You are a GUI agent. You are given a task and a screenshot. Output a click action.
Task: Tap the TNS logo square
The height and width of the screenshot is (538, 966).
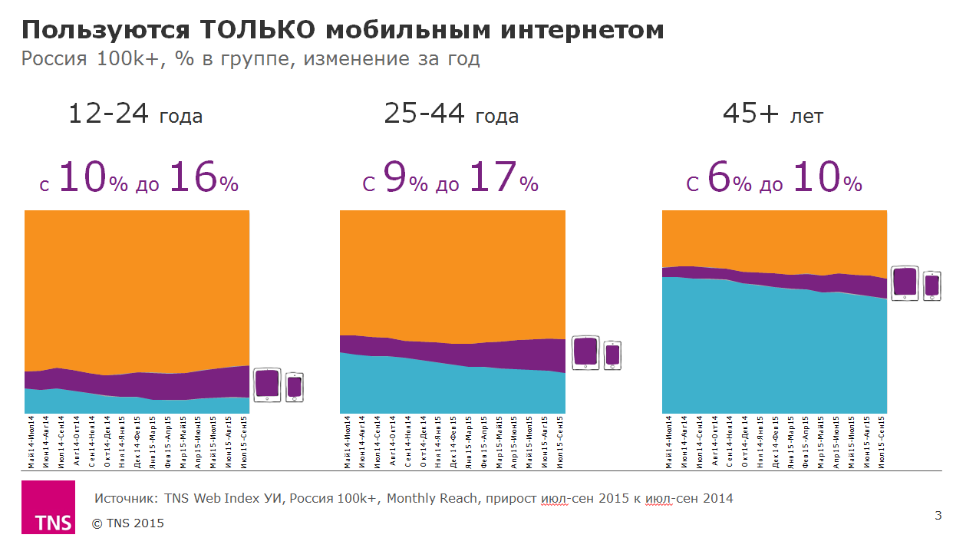tap(48, 507)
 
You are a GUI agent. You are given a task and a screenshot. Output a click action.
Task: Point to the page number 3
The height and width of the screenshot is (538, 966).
tap(938, 515)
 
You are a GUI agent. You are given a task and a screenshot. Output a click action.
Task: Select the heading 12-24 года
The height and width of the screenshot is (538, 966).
tap(135, 115)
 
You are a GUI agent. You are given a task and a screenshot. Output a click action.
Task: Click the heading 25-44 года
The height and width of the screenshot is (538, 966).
tap(451, 115)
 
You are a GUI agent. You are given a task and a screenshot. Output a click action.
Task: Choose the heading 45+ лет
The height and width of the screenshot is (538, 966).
tap(773, 115)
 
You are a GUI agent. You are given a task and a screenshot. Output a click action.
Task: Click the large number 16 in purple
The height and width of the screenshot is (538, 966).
tap(192, 177)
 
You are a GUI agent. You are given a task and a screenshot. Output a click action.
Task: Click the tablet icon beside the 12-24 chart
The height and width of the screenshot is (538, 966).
tap(267, 385)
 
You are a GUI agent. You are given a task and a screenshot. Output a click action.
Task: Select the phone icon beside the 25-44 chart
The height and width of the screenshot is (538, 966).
tap(612, 355)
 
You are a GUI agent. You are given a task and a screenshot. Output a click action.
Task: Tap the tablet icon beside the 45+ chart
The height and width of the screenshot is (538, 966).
tap(905, 283)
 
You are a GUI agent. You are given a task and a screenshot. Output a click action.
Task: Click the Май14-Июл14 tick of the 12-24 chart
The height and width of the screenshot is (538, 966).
tap(31, 442)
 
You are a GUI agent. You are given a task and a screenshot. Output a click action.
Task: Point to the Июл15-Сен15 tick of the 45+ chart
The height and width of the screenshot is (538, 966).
tap(882, 442)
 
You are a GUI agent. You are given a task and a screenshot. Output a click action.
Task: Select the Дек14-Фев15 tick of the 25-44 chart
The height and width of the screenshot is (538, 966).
tap(453, 442)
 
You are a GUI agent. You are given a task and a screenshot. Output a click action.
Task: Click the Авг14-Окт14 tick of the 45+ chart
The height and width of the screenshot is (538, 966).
tap(715, 442)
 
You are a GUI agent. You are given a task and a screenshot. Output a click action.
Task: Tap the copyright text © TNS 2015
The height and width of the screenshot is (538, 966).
tap(127, 524)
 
